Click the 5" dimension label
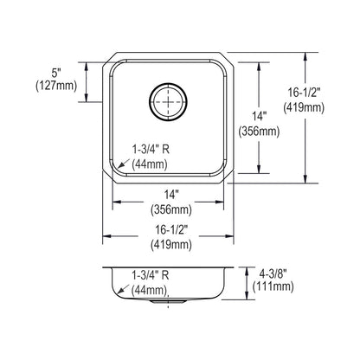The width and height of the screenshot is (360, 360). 56,73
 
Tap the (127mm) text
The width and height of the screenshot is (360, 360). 56,86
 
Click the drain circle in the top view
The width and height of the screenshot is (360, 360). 168,101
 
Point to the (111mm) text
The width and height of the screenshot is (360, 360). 273,286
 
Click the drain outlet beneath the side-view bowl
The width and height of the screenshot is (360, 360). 168,301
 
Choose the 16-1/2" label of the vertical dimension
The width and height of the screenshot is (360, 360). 304,93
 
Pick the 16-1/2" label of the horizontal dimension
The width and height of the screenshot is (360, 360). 171,230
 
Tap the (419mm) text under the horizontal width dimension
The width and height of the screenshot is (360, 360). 171,245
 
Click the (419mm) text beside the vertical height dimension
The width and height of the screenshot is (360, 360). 304,107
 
